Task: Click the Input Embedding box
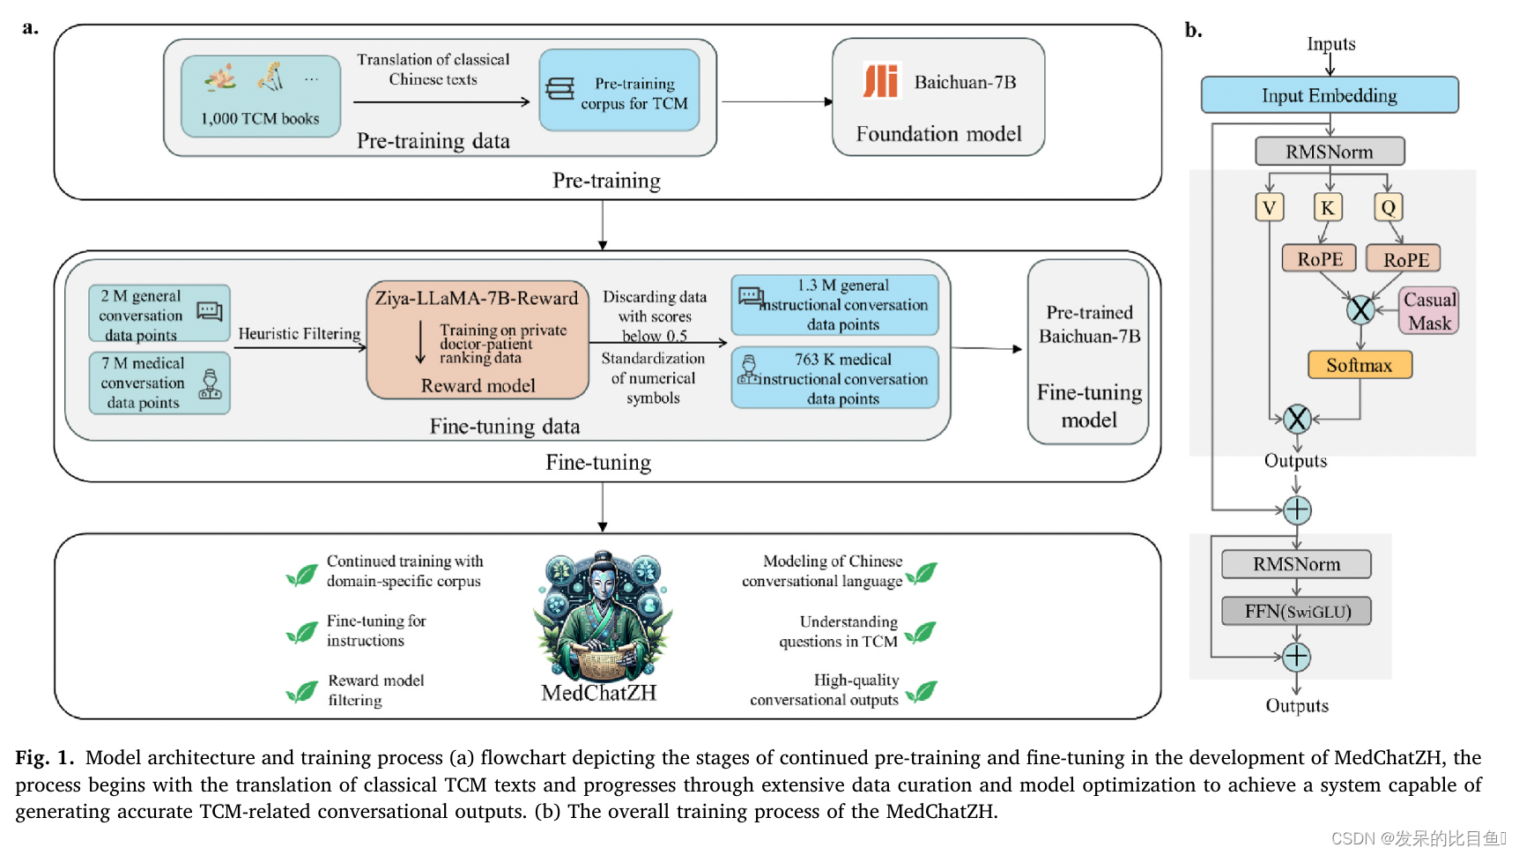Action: click(1329, 95)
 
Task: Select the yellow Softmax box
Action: click(1359, 365)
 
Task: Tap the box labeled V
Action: click(1269, 208)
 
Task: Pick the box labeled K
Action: click(1327, 208)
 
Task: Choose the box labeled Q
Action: click(1388, 208)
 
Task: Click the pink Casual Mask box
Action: click(1428, 311)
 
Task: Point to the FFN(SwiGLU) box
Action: click(1296, 611)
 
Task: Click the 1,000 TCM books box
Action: click(261, 96)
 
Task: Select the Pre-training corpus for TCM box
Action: click(619, 91)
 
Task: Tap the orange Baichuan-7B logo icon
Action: click(880, 82)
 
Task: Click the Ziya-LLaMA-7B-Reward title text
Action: click(477, 298)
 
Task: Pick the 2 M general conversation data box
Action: click(159, 314)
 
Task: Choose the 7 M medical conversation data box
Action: click(159, 383)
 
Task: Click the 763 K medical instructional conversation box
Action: click(834, 377)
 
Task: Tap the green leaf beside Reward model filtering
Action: click(302, 692)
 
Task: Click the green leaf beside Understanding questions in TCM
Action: click(921, 632)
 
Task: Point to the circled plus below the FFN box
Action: click(1296, 657)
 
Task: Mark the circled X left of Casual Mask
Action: click(1360, 309)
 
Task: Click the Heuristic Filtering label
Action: click(300, 334)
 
